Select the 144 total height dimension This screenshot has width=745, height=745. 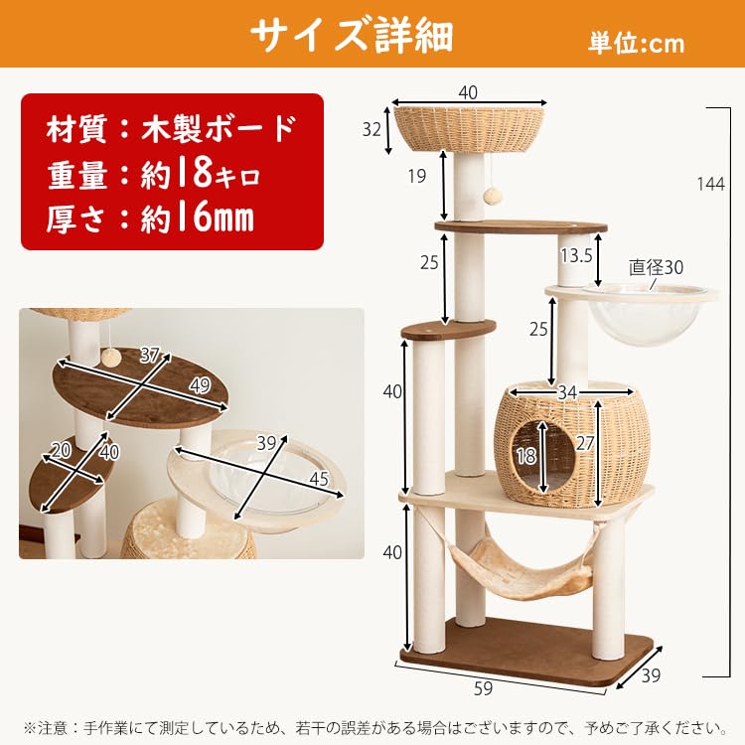pyautogui.click(x=710, y=184)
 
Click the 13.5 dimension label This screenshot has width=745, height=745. pyautogui.click(x=576, y=255)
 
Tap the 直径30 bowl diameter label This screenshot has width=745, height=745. pyautogui.click(x=657, y=267)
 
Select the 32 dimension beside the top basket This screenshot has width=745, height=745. pyautogui.click(x=372, y=128)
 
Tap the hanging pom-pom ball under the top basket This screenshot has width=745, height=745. pyautogui.click(x=490, y=196)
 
